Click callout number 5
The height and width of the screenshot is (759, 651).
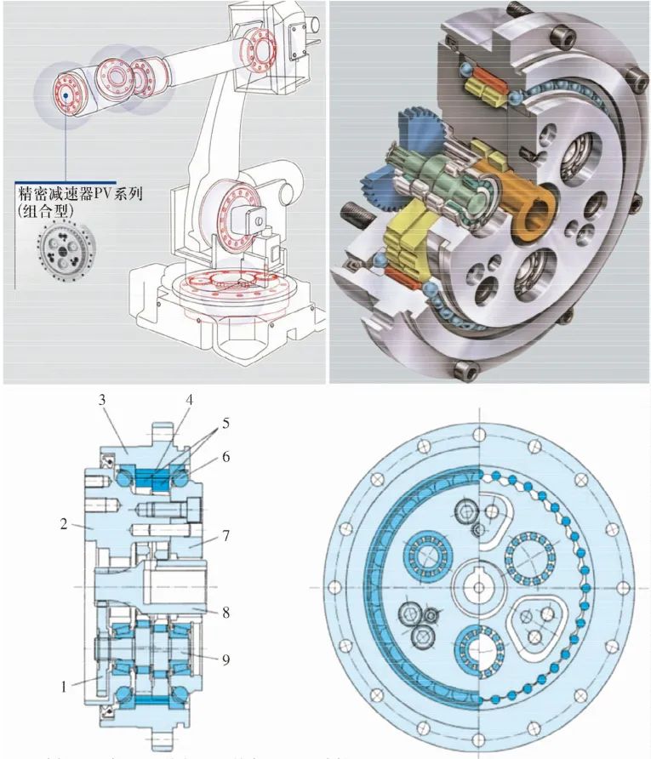(x=225, y=422)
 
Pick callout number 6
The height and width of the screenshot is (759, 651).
(x=226, y=456)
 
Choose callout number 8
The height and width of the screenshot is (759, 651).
(x=226, y=609)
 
